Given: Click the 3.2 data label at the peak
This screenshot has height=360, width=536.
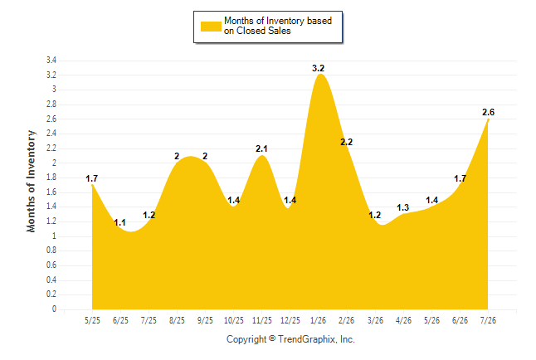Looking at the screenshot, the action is [x=318, y=68].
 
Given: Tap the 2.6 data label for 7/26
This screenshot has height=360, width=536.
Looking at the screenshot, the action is [x=488, y=112].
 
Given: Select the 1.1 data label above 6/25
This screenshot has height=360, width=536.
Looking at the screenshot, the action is [x=119, y=222].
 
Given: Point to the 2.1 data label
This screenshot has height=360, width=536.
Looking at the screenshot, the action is [x=261, y=148].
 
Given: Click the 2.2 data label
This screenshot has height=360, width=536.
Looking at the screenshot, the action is [x=346, y=142].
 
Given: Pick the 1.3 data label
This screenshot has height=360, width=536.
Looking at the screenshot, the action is [x=402, y=207].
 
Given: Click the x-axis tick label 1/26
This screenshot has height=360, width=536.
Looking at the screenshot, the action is [x=319, y=320].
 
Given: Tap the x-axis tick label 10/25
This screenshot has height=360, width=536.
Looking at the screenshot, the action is [x=234, y=320].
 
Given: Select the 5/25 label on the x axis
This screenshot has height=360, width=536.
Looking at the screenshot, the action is [x=92, y=320].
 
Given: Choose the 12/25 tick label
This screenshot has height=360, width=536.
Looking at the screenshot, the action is [x=290, y=320].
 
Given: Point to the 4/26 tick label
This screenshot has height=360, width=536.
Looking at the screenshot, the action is [x=403, y=320].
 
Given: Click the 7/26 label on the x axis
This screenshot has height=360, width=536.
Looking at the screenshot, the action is [x=488, y=320].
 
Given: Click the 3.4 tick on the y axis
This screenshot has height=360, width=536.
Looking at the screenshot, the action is [x=51, y=61].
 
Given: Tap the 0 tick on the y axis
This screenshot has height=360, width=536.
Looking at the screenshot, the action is [x=54, y=309].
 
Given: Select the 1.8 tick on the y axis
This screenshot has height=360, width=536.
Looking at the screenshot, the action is [x=51, y=178].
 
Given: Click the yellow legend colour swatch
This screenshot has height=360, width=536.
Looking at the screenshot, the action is [x=211, y=27].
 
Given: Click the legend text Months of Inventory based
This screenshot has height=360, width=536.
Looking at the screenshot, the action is [x=278, y=21].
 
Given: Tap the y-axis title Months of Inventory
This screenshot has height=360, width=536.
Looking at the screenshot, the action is [x=31, y=181].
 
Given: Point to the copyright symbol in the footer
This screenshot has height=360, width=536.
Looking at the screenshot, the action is [x=272, y=338].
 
